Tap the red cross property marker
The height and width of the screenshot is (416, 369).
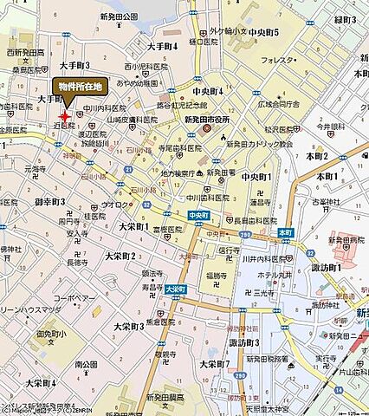pyautogui.click(x=64, y=115)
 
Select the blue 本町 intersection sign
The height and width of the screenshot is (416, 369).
pyautogui.click(x=286, y=232)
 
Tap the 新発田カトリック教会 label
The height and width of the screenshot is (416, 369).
pyautogui.click(x=260, y=144)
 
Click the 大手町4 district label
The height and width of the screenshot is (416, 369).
pyautogui.click(x=162, y=44)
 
